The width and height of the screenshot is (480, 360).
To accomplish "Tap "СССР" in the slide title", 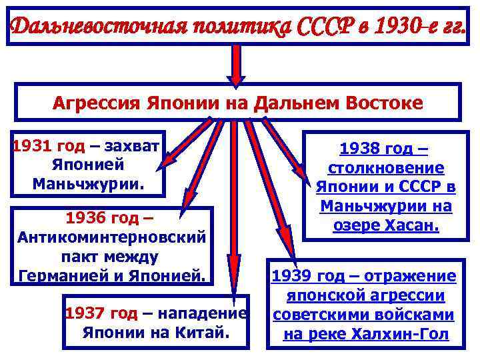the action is point(321,27).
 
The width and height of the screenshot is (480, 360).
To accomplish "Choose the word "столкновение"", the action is point(386,169).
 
